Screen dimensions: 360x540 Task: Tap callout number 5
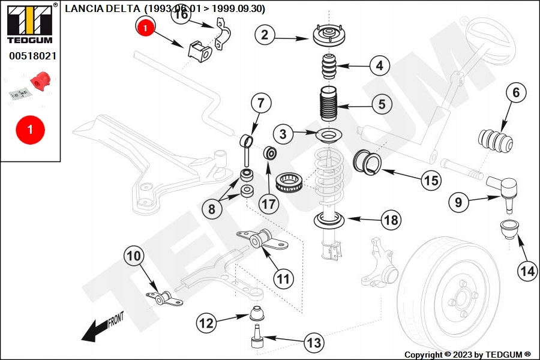(382, 104)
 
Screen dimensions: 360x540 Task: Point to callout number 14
(527, 271)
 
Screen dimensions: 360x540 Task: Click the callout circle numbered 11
(283, 278)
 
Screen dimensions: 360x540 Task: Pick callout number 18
(391, 220)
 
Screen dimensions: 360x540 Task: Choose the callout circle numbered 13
(314, 343)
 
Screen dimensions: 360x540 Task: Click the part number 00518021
(32, 56)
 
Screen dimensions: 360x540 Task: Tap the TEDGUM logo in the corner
(29, 24)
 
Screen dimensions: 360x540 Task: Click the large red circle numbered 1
(30, 130)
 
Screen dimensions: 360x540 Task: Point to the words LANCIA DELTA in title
(104, 8)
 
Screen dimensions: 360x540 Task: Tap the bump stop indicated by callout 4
(328, 66)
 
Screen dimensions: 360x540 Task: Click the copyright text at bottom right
(467, 355)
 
